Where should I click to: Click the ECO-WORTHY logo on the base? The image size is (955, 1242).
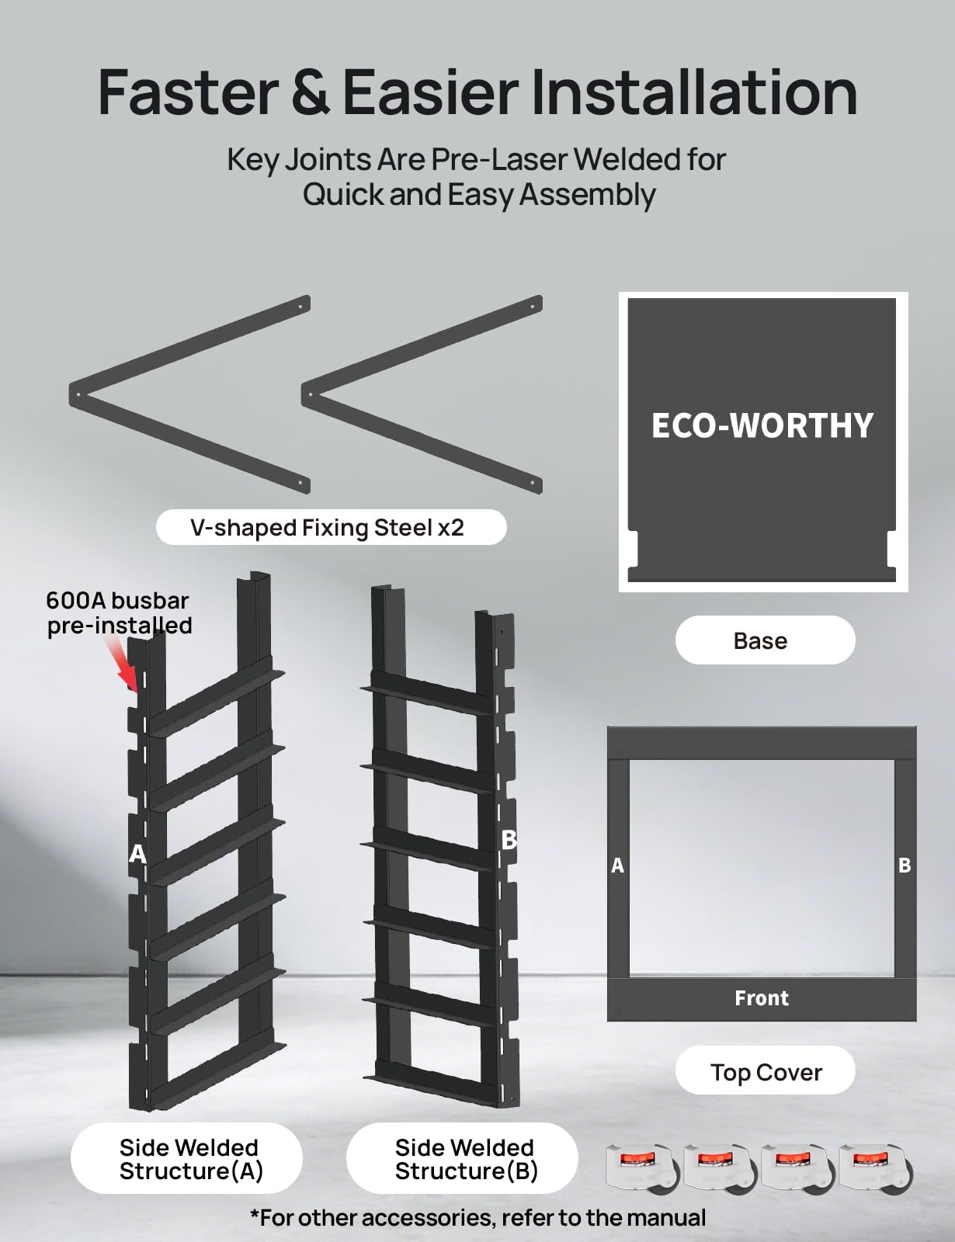click(762, 425)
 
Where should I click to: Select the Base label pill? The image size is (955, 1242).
click(765, 640)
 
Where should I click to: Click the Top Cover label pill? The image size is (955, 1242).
click(766, 1072)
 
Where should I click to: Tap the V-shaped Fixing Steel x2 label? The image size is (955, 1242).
click(331, 528)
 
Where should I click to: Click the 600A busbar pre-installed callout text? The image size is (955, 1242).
click(119, 612)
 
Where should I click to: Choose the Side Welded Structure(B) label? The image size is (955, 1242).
click(464, 1159)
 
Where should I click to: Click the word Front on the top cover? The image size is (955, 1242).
click(762, 998)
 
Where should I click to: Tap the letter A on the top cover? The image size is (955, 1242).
click(617, 866)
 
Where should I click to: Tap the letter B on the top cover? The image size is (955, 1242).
click(905, 866)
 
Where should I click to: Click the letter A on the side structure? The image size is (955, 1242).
click(137, 854)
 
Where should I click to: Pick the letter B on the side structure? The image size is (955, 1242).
click(509, 840)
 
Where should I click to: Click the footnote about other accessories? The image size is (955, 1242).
click(477, 1217)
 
